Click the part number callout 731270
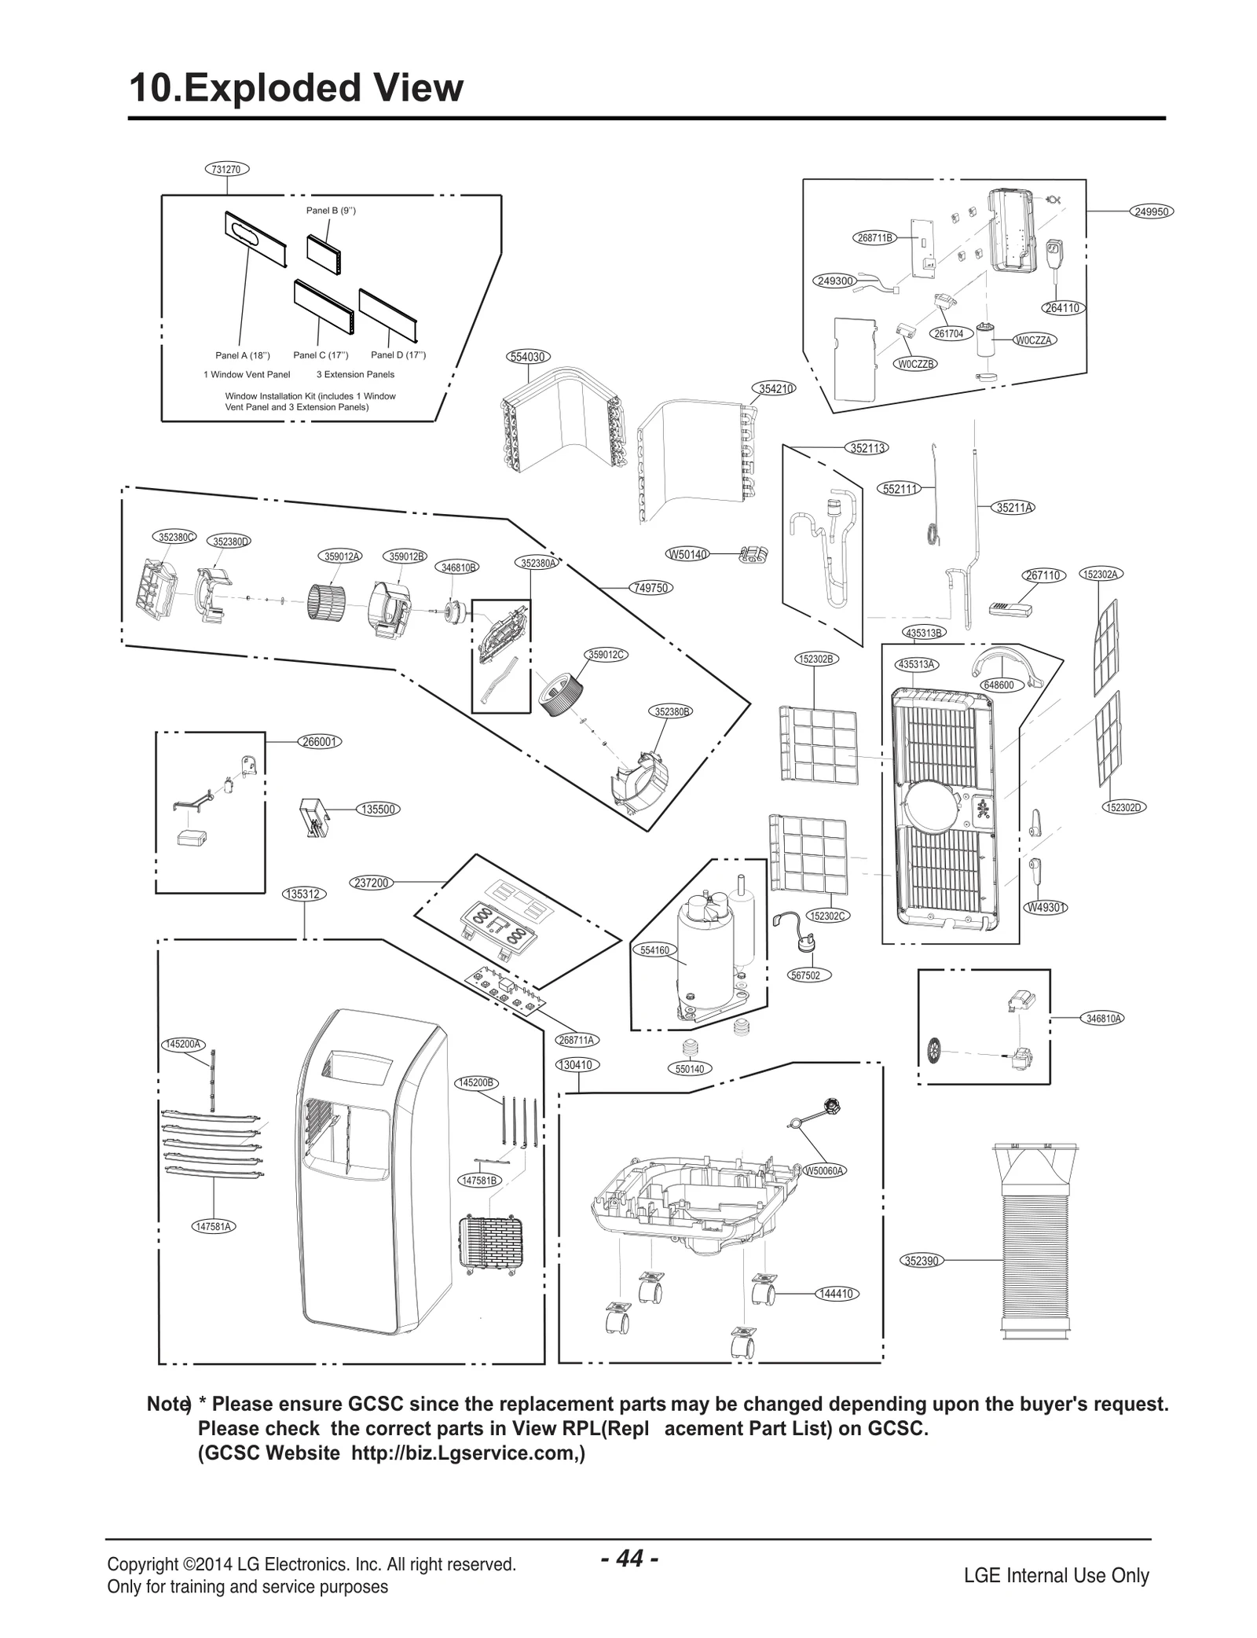pos(227,168)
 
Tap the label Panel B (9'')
pos(331,211)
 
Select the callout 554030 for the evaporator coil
pos(527,357)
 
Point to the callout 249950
pos(1153,211)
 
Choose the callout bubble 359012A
pos(342,556)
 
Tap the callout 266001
pos(320,741)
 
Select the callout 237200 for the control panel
pos(372,883)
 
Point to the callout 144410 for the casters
pos(835,1294)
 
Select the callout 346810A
pos(1103,1019)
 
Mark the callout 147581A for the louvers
pos(214,1226)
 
